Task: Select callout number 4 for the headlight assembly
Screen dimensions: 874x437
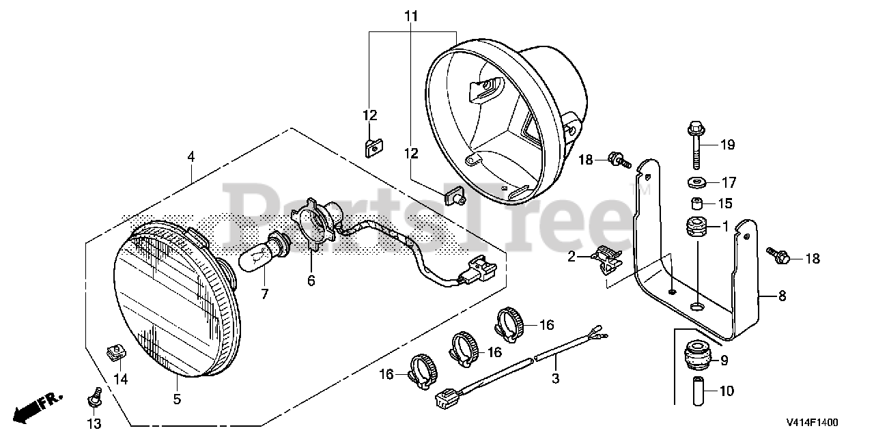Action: [x=191, y=157]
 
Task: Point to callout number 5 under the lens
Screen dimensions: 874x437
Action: [x=177, y=399]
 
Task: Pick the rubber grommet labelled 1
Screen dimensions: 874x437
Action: [x=694, y=226]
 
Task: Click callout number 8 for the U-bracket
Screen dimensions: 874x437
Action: [x=782, y=296]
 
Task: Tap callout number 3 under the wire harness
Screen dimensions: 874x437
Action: [x=554, y=378]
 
